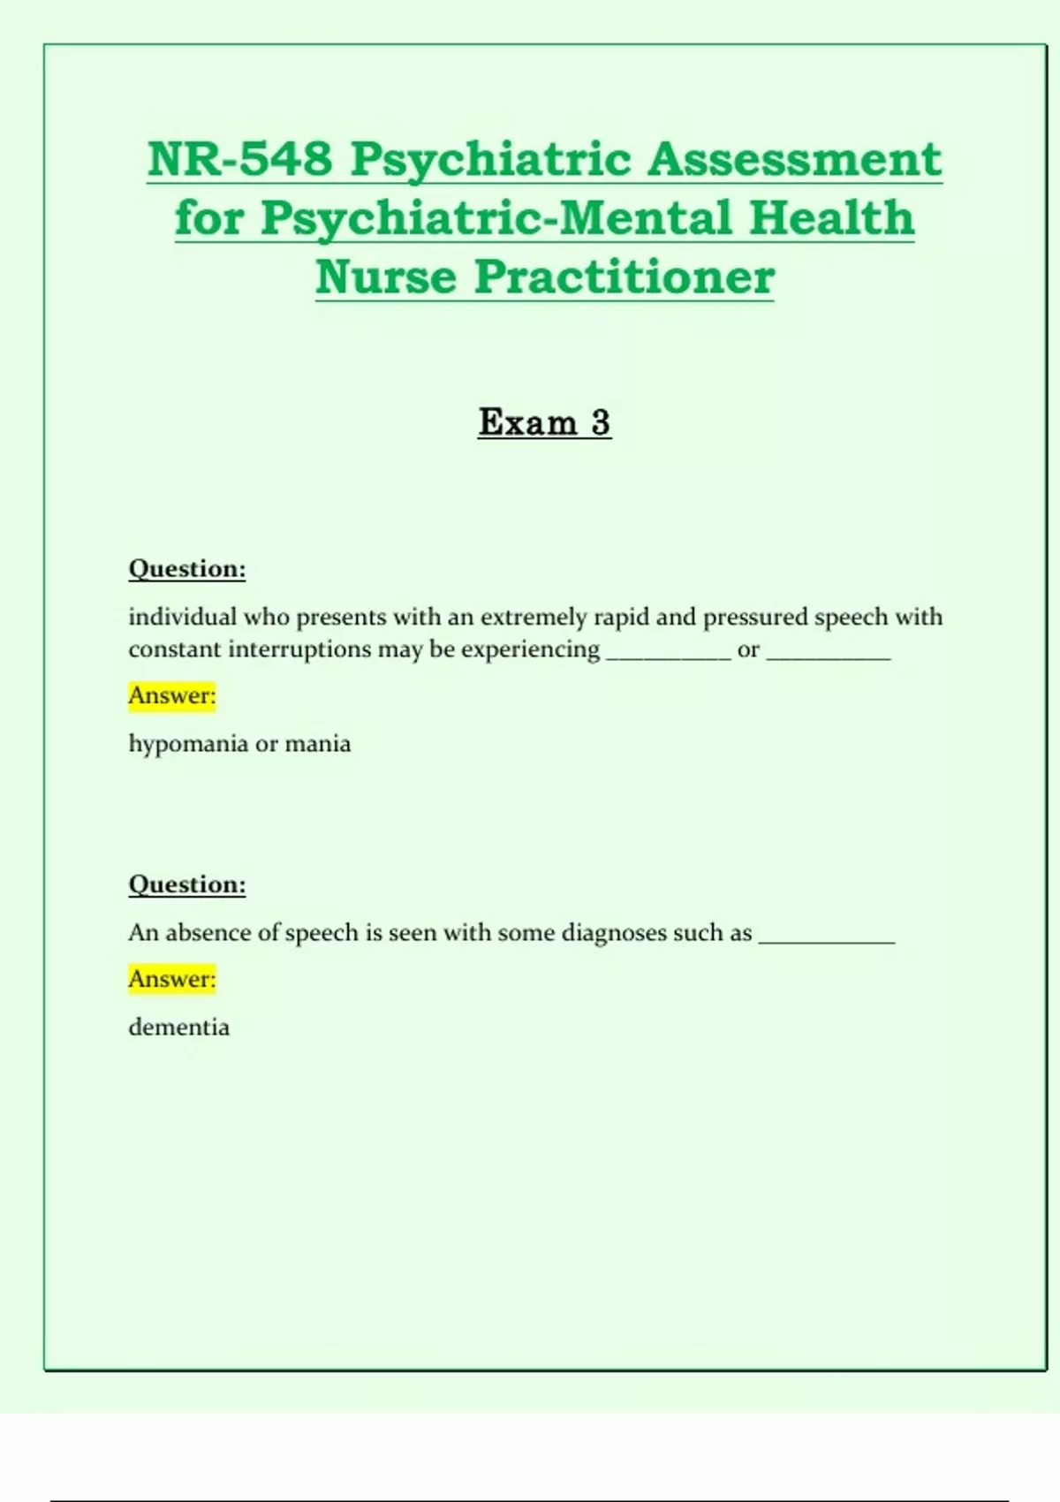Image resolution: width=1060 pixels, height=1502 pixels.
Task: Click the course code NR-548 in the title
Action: point(239,159)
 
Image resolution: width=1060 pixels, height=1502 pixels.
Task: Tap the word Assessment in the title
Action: point(794,159)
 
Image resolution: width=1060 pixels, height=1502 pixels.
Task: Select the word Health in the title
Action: point(831,218)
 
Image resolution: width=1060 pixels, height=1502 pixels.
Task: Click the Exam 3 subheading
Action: point(544,422)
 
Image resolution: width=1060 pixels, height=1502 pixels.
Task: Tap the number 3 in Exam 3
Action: point(601,422)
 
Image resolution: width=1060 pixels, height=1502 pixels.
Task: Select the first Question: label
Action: point(187,568)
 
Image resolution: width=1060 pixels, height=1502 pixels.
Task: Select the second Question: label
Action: point(187,884)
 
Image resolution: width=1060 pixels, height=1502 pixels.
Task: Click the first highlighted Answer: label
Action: point(172,696)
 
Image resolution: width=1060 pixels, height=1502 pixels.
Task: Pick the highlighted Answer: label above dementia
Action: point(172,979)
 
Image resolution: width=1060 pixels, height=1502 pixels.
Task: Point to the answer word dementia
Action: point(179,1028)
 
